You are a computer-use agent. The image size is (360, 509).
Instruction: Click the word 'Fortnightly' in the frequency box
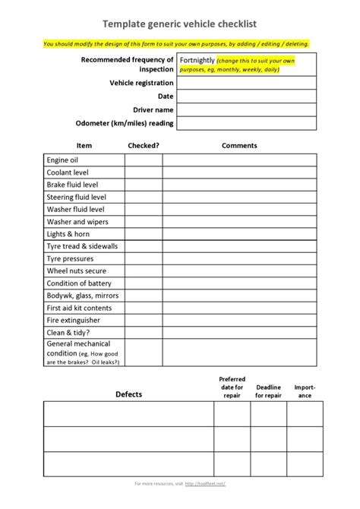click(x=197, y=59)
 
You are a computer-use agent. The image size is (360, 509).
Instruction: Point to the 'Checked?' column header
click(x=144, y=145)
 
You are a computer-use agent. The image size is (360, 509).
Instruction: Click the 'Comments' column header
click(x=239, y=145)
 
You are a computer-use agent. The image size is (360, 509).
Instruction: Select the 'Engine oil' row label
click(x=63, y=160)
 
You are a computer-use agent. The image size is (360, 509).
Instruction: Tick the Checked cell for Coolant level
click(x=144, y=172)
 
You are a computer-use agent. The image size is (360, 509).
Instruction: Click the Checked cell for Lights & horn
click(x=144, y=234)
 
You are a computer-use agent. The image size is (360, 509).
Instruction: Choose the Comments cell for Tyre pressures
click(x=239, y=258)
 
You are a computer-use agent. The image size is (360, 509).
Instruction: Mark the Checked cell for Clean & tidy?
click(x=144, y=332)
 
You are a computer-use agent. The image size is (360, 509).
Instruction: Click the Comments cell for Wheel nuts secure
click(x=239, y=270)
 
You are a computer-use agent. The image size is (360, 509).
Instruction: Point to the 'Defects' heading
click(x=128, y=394)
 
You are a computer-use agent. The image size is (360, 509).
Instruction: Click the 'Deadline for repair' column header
click(x=268, y=390)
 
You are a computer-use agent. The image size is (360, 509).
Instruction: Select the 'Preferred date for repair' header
click(x=232, y=387)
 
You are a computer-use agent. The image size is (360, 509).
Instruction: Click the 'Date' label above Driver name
click(x=166, y=96)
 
